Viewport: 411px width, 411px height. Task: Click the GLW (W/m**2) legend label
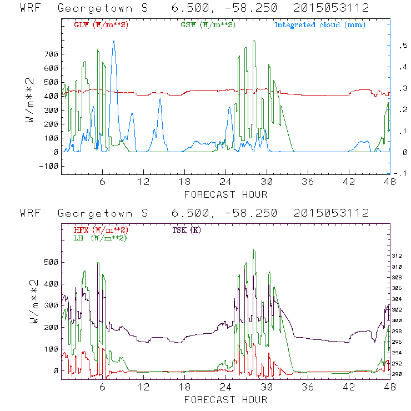[101, 25]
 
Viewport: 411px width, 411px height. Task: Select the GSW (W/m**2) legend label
[207, 25]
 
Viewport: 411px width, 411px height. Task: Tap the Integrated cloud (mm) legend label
[320, 25]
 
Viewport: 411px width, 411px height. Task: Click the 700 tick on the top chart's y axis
[51, 54]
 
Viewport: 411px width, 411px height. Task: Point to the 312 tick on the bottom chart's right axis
[397, 256]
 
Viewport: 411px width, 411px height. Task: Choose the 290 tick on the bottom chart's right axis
[397, 374]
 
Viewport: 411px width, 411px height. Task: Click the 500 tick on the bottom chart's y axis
[51, 262]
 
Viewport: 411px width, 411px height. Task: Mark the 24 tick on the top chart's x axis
[226, 182]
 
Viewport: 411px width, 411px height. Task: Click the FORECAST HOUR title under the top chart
[225, 194]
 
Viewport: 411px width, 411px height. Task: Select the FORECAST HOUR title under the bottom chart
[225, 400]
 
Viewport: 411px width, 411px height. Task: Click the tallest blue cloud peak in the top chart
[114, 41]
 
